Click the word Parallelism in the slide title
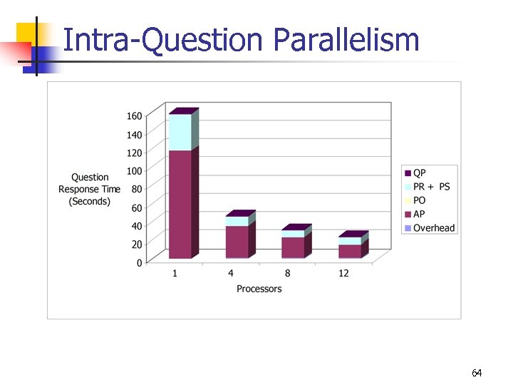click(x=346, y=41)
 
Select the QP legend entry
click(x=420, y=173)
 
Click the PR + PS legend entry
click(x=431, y=187)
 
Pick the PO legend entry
click(x=420, y=200)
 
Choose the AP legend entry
click(x=420, y=214)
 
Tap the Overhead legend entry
click(x=433, y=227)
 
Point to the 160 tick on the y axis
click(x=134, y=115)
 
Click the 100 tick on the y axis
click(x=134, y=171)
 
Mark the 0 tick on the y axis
click(x=139, y=263)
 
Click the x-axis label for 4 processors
click(x=231, y=274)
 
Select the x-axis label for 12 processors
click(x=344, y=274)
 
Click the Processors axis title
click(x=259, y=289)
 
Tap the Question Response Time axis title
click(x=89, y=189)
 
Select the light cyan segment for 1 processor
click(x=180, y=132)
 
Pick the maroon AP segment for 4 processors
click(x=237, y=242)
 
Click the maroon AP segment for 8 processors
click(x=293, y=247)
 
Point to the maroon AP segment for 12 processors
click(x=350, y=251)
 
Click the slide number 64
click(x=477, y=373)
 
